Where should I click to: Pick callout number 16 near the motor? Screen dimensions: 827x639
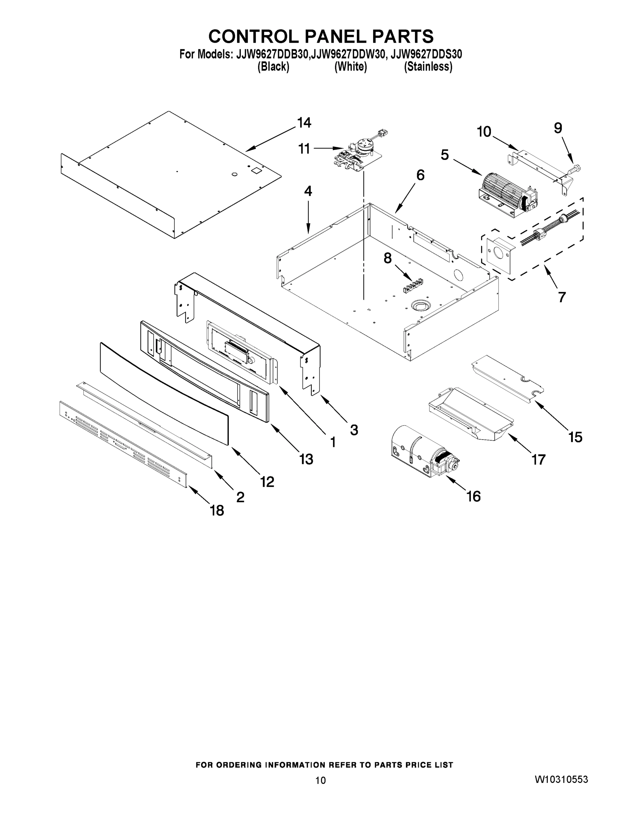pyautogui.click(x=474, y=496)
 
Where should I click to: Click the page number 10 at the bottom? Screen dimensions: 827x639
pyautogui.click(x=320, y=780)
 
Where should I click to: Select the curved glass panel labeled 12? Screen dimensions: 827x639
pyautogui.click(x=165, y=394)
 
